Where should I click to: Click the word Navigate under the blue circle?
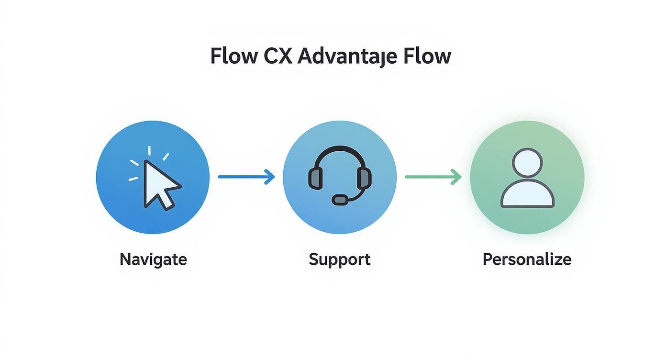click(153, 259)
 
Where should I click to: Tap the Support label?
click(339, 259)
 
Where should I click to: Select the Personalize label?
click(527, 259)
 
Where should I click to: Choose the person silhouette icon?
click(527, 178)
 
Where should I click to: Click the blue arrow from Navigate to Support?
click(246, 177)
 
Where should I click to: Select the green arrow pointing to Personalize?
click(433, 177)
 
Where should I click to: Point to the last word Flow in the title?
click(427, 56)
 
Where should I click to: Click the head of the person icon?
click(527, 161)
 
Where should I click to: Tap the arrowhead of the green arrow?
click(457, 177)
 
